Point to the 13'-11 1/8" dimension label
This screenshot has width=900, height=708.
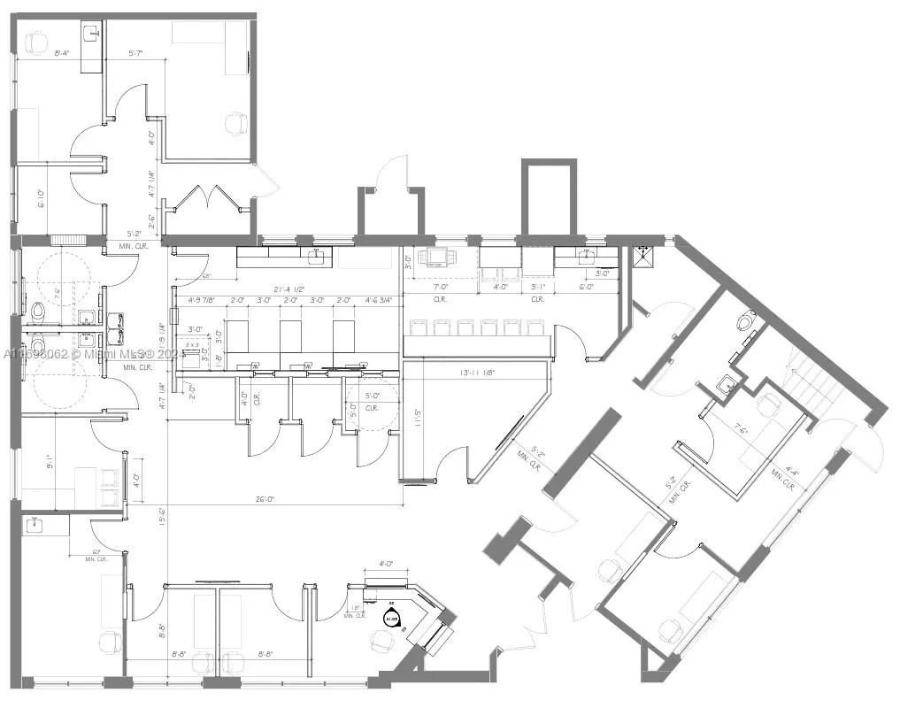point(477,373)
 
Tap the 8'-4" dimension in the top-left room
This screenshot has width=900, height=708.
point(62,54)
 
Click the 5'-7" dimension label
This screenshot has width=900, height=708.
point(136,54)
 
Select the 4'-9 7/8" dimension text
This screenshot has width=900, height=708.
point(202,301)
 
